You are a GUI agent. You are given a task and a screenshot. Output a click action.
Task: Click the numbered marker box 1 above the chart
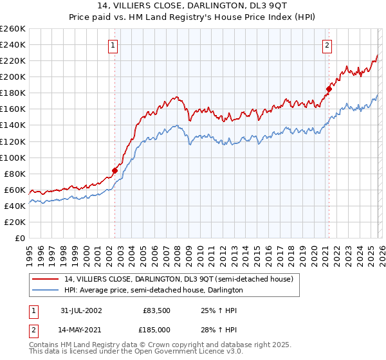[113, 45]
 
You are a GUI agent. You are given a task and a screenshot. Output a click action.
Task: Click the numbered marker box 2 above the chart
[327, 45]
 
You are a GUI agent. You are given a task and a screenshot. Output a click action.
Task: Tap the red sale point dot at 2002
[115, 170]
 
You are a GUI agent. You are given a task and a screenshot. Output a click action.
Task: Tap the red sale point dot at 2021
[328, 89]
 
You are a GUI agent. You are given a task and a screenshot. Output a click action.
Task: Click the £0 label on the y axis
[19, 238]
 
